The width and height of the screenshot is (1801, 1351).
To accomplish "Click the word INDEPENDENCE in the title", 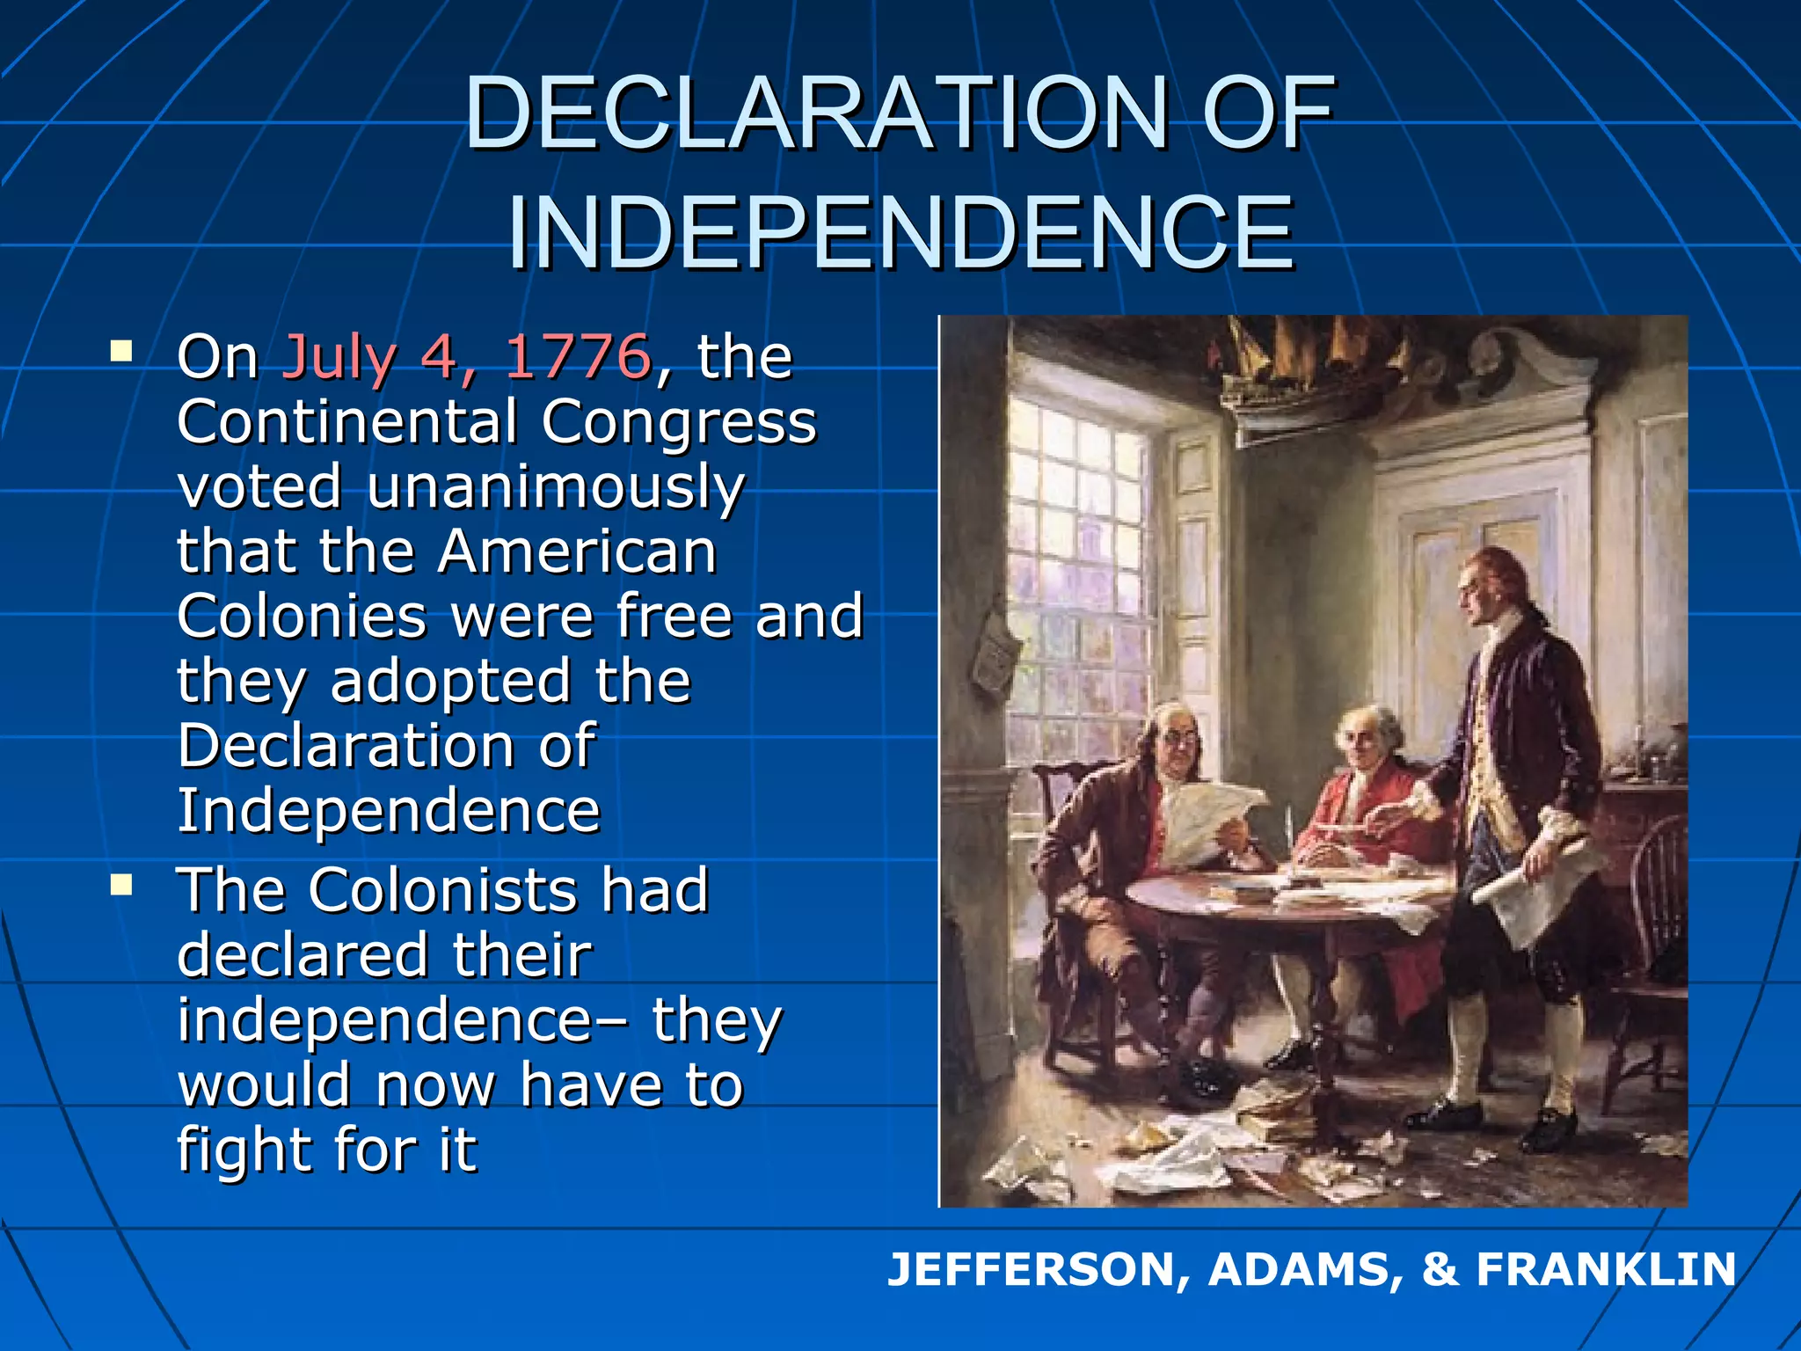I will (x=900, y=232).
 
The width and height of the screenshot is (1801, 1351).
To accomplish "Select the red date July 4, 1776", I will (x=466, y=357).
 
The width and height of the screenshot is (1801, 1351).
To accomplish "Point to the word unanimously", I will (x=556, y=488).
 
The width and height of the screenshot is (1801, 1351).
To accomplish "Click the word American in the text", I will (x=578, y=552).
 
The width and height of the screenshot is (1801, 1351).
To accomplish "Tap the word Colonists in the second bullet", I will (x=442, y=890).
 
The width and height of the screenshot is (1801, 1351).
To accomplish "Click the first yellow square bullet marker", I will (x=121, y=353).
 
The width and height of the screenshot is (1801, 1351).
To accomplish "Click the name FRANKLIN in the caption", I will (x=1606, y=1270).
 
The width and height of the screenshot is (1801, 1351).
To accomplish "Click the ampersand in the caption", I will (x=1440, y=1270).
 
